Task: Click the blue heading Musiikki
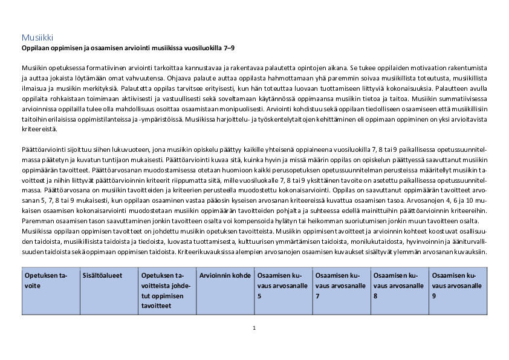point(37,38)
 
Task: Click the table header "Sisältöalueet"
point(102,275)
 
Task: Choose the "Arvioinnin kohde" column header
point(225,275)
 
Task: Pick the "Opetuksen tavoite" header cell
point(46,280)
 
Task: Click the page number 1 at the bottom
point(254,328)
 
